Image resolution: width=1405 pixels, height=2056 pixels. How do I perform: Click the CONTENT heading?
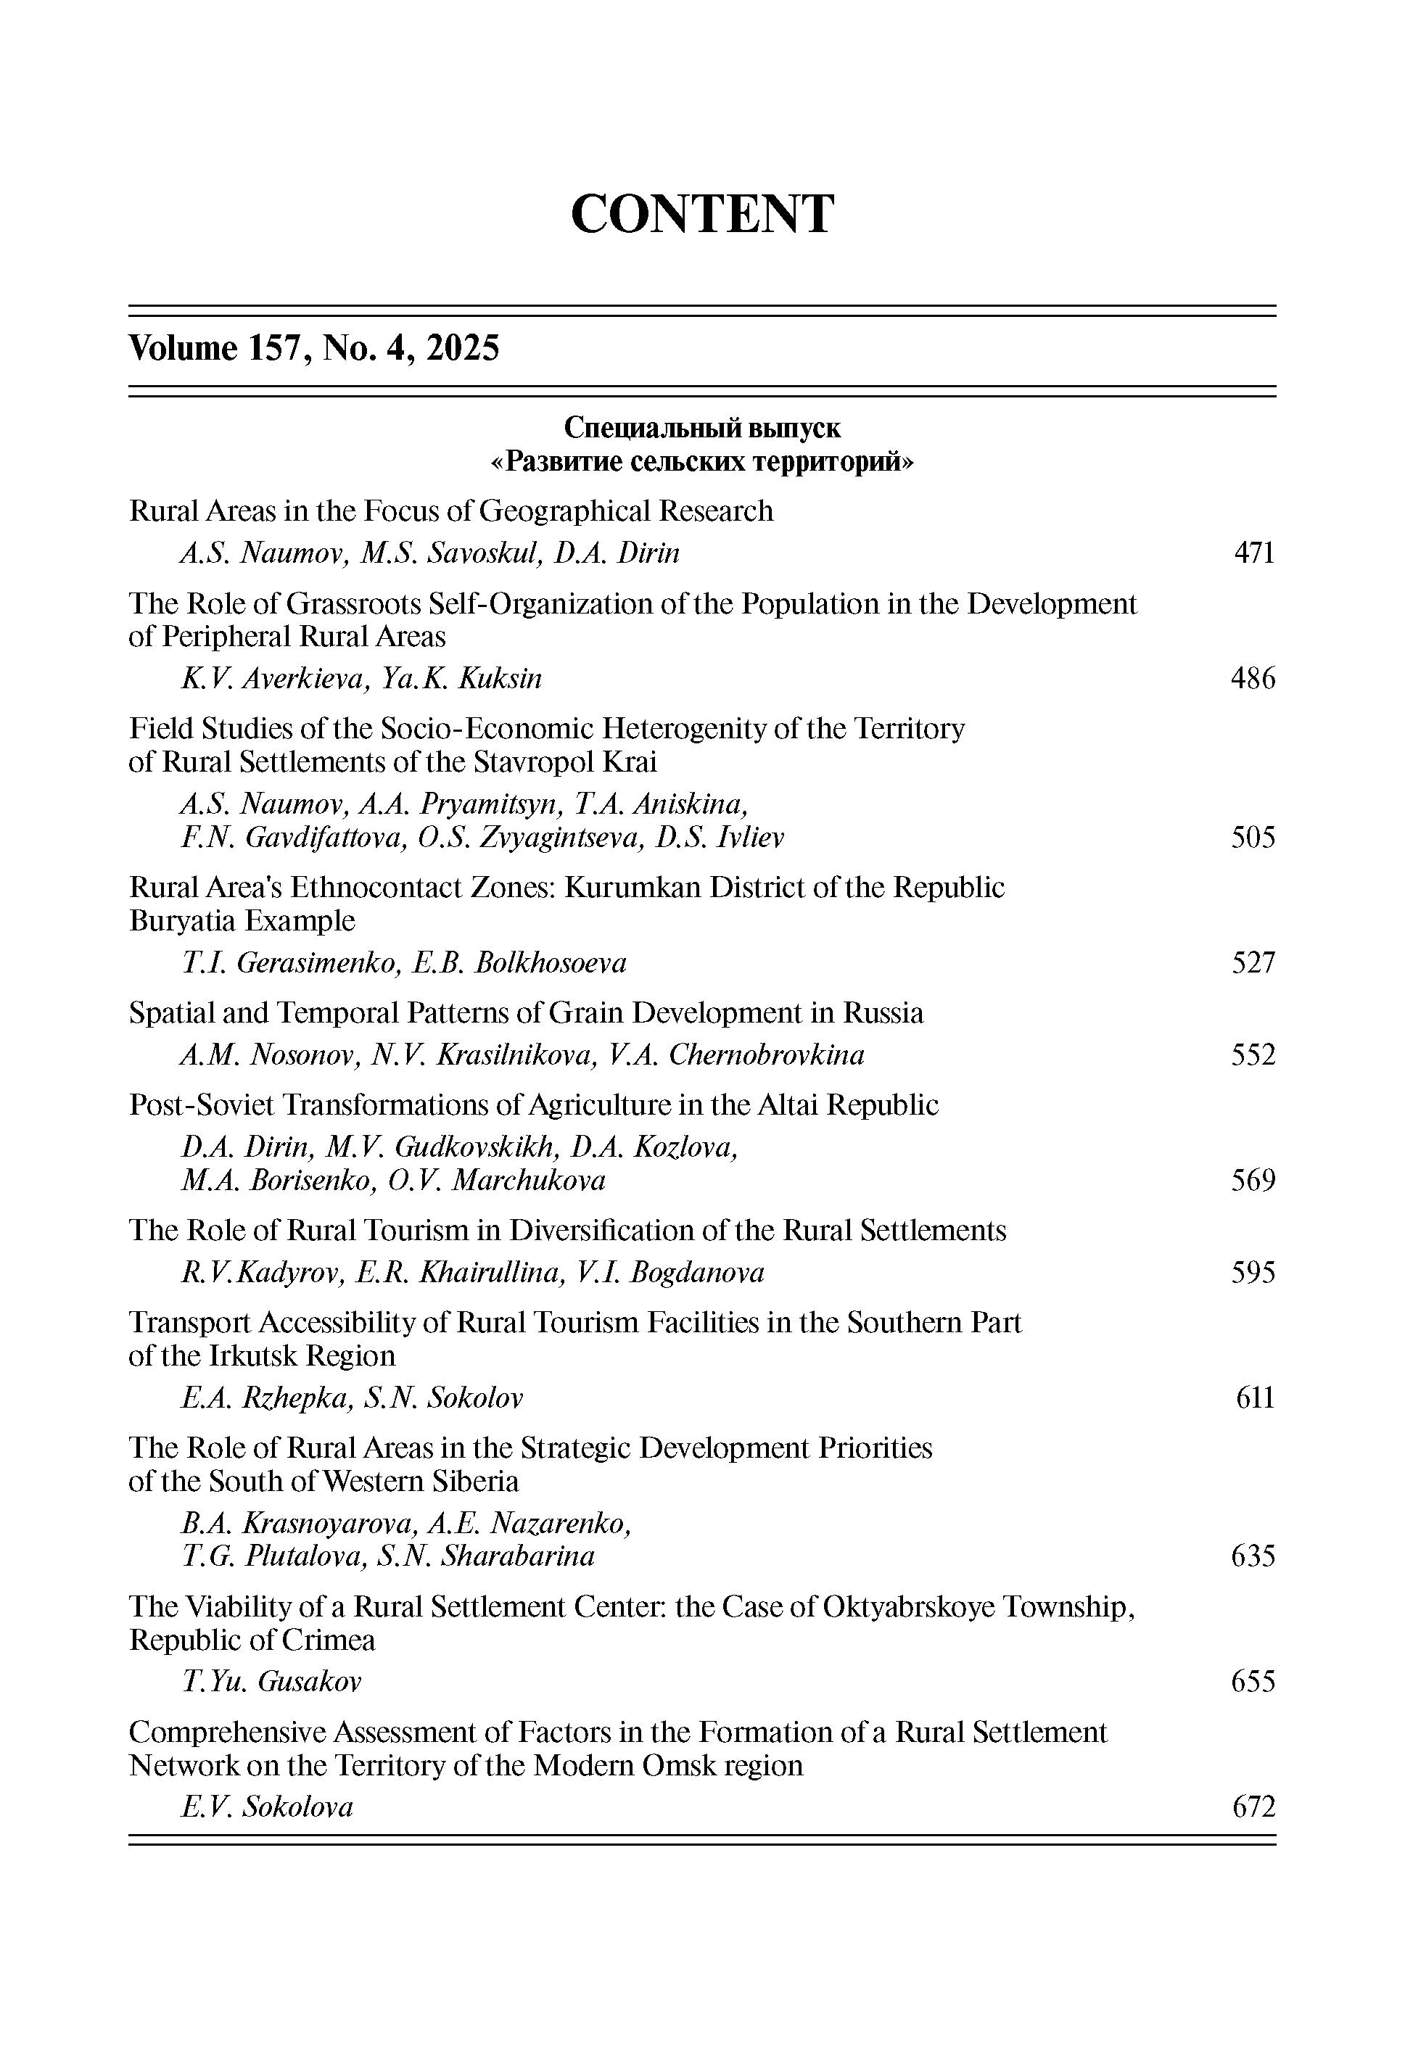(x=701, y=214)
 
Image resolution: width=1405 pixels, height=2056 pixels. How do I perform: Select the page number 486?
(x=1253, y=680)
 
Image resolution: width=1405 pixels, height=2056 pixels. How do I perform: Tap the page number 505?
(x=1253, y=838)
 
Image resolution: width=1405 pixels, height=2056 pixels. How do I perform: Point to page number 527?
(x=1253, y=963)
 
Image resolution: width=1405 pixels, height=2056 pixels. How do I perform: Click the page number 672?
(x=1253, y=1807)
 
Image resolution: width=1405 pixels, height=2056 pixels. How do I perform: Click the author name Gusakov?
(x=310, y=1682)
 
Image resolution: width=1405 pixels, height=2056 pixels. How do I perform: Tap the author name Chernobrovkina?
(x=766, y=1055)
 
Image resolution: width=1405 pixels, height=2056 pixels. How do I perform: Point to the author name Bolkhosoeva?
(x=551, y=963)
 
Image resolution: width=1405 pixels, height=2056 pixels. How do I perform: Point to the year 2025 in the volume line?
(x=463, y=349)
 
